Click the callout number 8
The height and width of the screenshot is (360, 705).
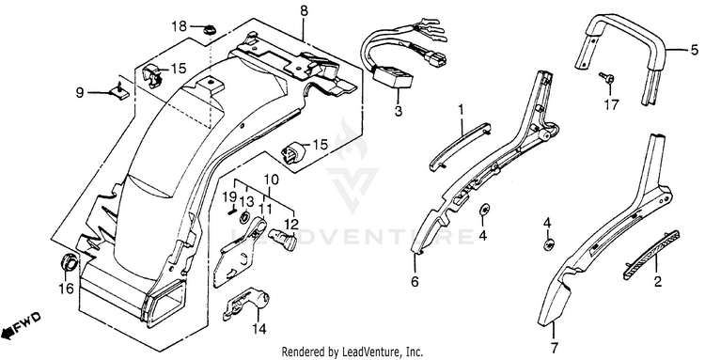(305, 10)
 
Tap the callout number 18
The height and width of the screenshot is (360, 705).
(180, 26)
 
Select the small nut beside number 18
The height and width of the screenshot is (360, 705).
(208, 31)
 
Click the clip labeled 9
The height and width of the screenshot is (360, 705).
(120, 92)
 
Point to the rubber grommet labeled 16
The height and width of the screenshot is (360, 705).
(69, 262)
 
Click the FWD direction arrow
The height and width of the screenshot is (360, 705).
(21, 325)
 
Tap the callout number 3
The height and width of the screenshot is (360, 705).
(399, 111)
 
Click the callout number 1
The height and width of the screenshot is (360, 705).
(461, 109)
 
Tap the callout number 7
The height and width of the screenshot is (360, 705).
(555, 347)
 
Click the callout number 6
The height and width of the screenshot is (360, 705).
(415, 282)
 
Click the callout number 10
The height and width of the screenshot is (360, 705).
(272, 180)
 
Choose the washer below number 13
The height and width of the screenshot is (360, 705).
(245, 217)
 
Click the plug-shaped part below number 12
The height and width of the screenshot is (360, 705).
(283, 238)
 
